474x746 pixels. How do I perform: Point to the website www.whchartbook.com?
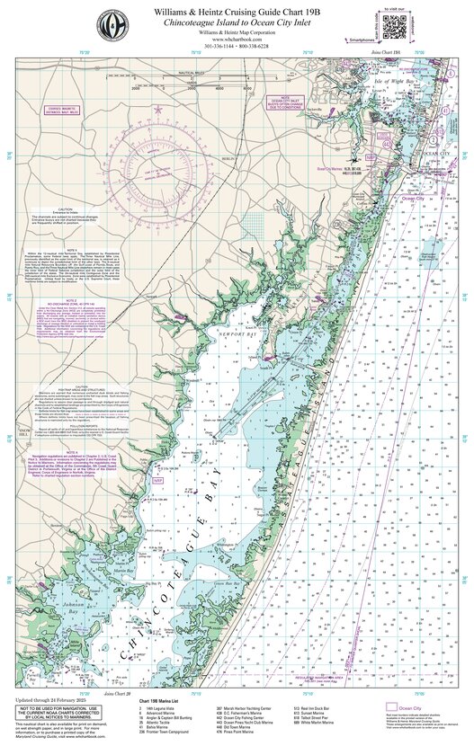point(237,40)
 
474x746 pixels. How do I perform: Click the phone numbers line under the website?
point(237,49)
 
